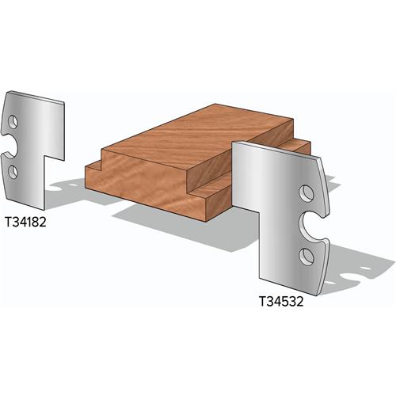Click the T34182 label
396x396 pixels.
coord(25,223)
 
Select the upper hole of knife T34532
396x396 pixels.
coord(305,194)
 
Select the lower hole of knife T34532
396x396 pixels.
coord(305,253)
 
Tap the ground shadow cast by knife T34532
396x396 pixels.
coord(348,269)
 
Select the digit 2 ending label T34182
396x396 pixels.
coord(44,223)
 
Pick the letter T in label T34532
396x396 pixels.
coord(262,301)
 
